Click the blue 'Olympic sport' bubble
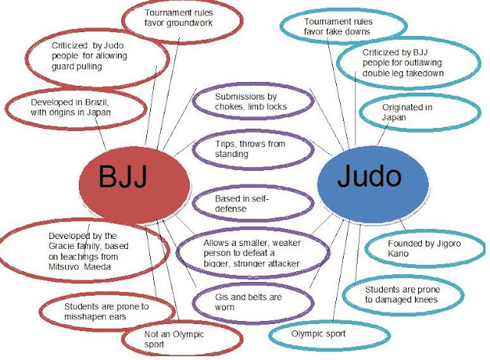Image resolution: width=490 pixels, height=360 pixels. (x=319, y=334)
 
